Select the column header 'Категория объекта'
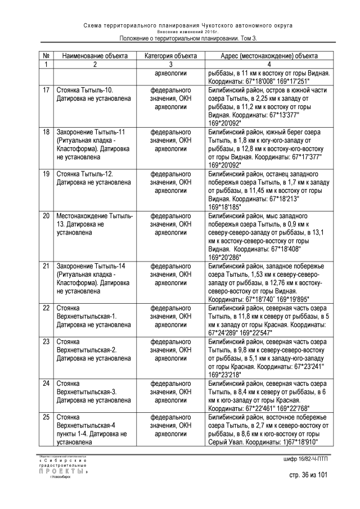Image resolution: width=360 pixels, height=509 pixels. (x=170, y=56)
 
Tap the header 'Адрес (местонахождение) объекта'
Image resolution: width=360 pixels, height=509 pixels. (x=269, y=56)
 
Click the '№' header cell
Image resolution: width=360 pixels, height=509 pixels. (x=46, y=56)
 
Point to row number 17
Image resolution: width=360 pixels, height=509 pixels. (x=46, y=90)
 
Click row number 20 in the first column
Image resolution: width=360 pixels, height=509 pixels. (x=46, y=216)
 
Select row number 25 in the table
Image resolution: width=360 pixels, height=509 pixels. (x=46, y=418)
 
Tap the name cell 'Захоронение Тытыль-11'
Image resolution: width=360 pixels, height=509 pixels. (x=90, y=139)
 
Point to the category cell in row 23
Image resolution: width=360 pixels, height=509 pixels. (x=170, y=349)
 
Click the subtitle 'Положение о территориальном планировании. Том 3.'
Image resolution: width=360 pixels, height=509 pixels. (x=188, y=38)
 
